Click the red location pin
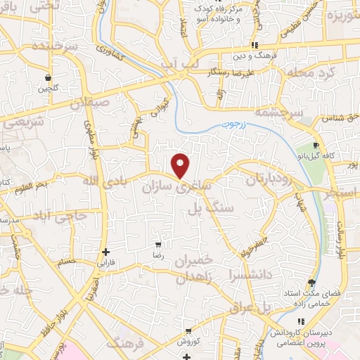[181, 165]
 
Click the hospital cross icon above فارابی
[105, 252]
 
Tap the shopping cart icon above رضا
[158, 245]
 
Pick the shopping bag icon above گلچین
[48, 77]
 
